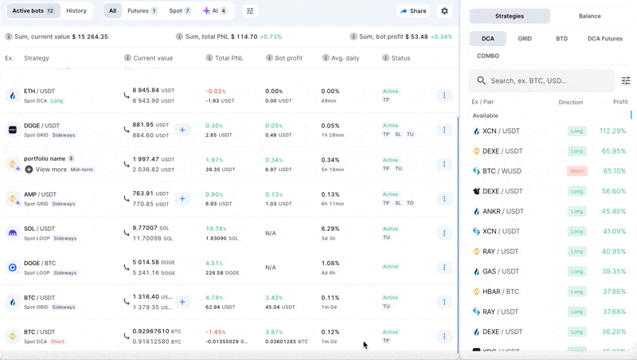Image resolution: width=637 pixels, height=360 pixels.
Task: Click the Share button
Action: pos(413,11)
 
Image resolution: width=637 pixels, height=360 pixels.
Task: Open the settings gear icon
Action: pos(444,11)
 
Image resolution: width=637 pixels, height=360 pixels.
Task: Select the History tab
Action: pos(76,11)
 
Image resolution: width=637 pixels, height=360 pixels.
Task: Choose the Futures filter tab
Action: pos(143,11)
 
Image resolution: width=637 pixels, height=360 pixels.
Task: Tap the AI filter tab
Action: pos(215,11)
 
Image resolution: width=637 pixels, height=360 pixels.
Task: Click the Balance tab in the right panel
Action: pos(590,16)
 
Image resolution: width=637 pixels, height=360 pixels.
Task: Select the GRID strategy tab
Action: pos(525,38)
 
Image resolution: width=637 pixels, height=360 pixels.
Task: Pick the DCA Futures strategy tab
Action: pos(604,38)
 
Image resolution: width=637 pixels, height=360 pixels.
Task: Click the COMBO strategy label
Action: pos(488,56)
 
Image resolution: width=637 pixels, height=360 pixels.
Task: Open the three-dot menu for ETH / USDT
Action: pos(444,96)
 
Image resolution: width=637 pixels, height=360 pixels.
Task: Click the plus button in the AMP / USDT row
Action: pos(182,198)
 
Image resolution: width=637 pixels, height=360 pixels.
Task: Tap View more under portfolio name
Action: pos(51,169)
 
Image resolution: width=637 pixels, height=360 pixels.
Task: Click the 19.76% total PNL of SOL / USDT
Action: pos(216,229)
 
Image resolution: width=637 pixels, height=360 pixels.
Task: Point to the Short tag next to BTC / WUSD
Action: pos(576,171)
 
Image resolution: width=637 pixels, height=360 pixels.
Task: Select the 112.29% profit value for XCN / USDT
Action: pos(612,131)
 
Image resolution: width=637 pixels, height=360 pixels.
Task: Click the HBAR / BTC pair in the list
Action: pos(500,292)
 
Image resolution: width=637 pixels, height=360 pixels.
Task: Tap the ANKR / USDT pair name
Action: pos(502,211)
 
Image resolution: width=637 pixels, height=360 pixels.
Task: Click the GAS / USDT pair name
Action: pos(501,272)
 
